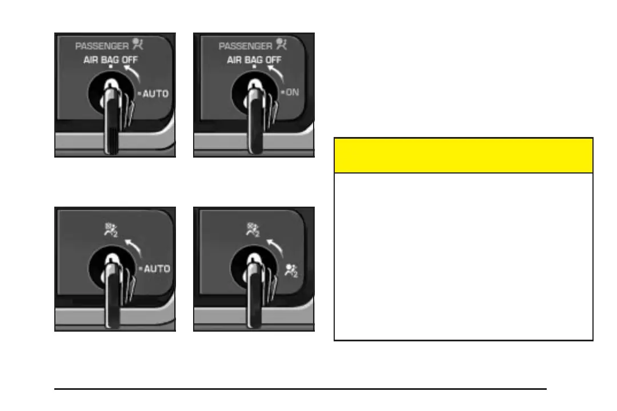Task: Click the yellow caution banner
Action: (463, 155)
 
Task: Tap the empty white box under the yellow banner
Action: (463, 256)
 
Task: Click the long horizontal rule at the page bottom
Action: (300, 389)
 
